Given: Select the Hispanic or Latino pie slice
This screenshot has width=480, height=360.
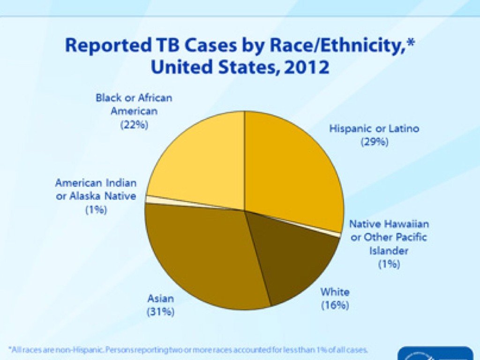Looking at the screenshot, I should click(x=291, y=169).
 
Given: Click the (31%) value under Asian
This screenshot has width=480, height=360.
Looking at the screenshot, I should click(x=161, y=311).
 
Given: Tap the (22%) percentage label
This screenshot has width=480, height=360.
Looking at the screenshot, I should click(x=134, y=126).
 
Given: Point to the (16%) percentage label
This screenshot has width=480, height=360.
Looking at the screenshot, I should click(x=335, y=306).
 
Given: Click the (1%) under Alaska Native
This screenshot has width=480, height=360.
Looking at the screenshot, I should click(x=96, y=210).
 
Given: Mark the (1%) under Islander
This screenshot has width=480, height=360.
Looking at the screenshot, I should click(x=389, y=264).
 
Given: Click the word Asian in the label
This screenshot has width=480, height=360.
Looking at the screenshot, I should click(x=161, y=298).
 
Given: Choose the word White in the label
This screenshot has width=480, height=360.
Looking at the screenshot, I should click(x=335, y=292).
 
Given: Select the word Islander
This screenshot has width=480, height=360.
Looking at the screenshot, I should click(x=389, y=251).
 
